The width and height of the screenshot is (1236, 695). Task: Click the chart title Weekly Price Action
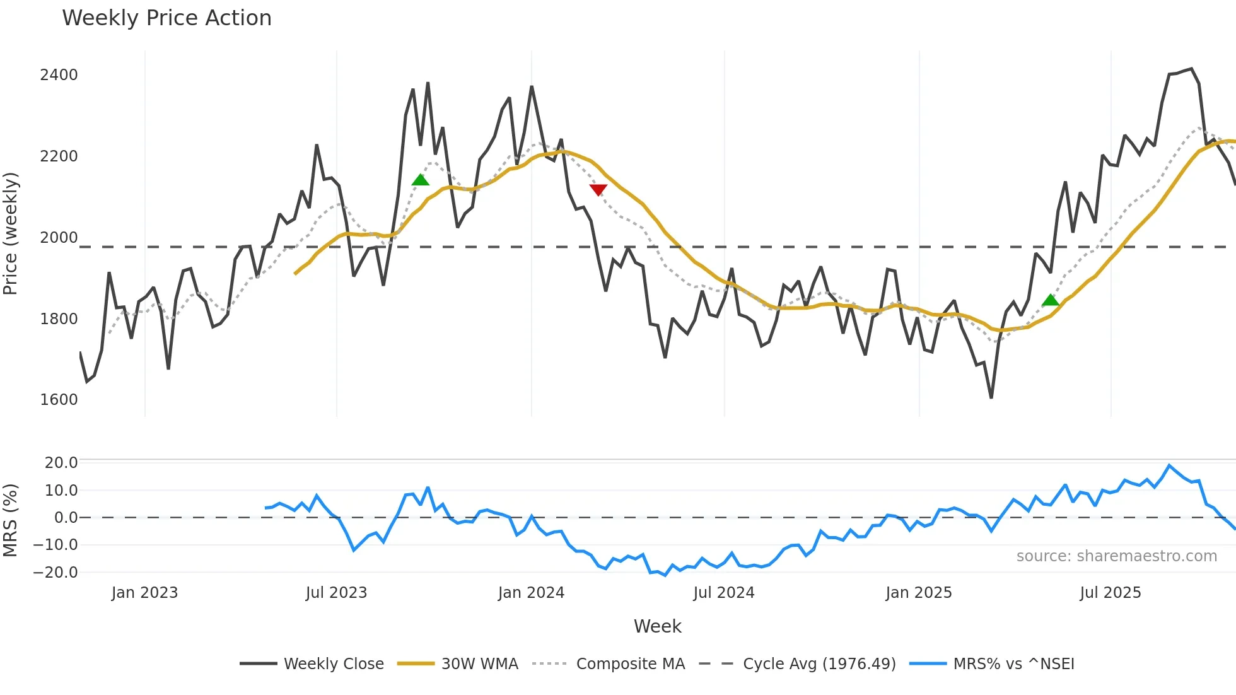point(166,18)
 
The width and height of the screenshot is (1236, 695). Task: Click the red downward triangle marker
point(598,189)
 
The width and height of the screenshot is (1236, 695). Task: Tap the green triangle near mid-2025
point(1051,300)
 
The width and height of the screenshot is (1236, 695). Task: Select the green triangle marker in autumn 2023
point(420,180)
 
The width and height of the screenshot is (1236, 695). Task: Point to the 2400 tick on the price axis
point(59,75)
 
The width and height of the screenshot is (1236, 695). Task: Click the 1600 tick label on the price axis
point(59,400)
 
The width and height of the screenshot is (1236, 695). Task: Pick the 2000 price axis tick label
point(59,238)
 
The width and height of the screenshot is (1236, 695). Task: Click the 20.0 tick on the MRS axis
point(61,463)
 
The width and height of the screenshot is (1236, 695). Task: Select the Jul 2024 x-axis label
point(723,593)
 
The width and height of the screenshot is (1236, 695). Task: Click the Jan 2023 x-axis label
point(144,593)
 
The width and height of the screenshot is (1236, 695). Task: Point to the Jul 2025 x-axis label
point(1110,593)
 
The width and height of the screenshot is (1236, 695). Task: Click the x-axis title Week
point(657,626)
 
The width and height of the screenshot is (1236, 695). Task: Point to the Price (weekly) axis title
point(11,233)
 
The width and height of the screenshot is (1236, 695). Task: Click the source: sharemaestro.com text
point(1116,556)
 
